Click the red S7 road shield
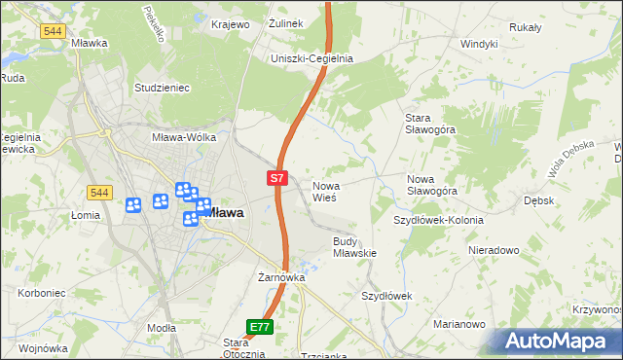click(277, 178)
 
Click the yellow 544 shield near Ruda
click(54, 31)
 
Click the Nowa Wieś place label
click(324, 190)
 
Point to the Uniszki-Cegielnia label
click(311, 58)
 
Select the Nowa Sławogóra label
click(432, 185)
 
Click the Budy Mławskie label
click(354, 246)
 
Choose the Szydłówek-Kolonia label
click(438, 220)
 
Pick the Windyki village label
click(479, 44)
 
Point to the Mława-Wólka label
click(184, 137)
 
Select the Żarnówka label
click(281, 277)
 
